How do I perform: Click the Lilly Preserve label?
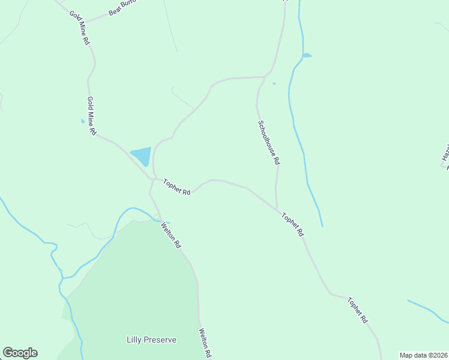[151, 340]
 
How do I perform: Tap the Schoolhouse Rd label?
[269, 143]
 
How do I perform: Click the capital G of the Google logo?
[8, 353]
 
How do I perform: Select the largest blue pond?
[142, 156]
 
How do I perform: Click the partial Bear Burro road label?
[123, 8]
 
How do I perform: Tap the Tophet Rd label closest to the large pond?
[177, 187]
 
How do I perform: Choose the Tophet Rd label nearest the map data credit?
[357, 310]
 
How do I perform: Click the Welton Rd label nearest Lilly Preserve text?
[206, 343]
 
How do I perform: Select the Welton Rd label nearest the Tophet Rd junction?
[170, 235]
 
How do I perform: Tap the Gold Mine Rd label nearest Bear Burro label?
[79, 28]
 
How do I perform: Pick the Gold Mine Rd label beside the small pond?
[91, 116]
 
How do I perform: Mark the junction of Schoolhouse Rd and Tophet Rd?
[277, 209]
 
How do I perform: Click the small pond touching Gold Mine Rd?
[83, 121]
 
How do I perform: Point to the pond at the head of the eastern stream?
[307, 56]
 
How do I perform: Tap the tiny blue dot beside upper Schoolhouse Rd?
[274, 83]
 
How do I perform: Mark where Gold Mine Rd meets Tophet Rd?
[152, 179]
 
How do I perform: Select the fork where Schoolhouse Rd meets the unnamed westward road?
[265, 77]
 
